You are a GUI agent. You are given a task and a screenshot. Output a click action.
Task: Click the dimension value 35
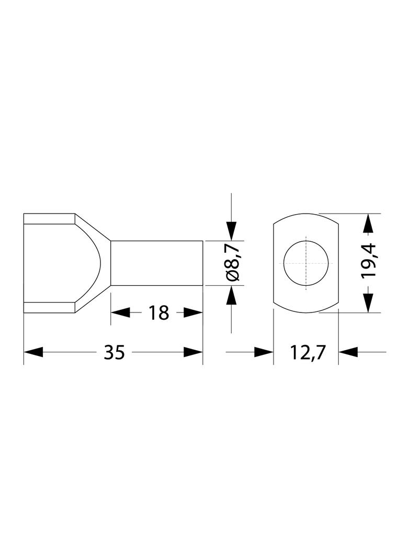pyautogui.click(x=115, y=352)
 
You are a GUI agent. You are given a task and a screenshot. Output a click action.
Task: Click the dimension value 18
pyautogui.click(x=158, y=313)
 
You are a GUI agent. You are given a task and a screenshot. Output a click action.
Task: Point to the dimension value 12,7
pyautogui.click(x=307, y=352)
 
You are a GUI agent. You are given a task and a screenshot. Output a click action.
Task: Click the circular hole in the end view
pyautogui.click(x=306, y=263)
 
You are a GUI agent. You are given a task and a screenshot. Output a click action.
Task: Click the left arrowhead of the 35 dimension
pyautogui.click(x=33, y=352)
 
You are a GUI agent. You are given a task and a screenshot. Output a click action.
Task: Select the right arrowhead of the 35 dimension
pyautogui.click(x=193, y=352)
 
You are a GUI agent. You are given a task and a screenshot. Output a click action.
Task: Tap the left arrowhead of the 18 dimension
pyautogui.click(x=120, y=313)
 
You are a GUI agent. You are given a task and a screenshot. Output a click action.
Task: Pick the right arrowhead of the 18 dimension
pyautogui.click(x=193, y=313)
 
